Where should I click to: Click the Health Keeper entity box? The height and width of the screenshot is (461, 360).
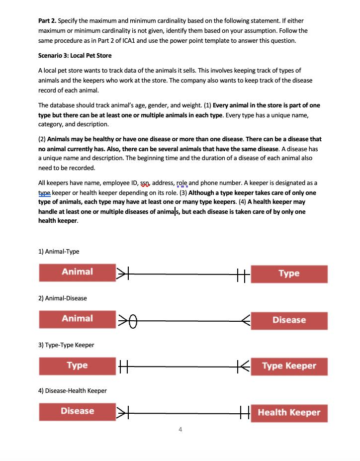tap(289, 412)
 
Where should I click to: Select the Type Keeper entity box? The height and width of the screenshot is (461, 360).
tap(289, 366)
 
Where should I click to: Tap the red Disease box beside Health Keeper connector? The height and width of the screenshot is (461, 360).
tap(77, 411)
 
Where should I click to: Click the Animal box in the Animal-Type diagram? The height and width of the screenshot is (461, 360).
tap(77, 272)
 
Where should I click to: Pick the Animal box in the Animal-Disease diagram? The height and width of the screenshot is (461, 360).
tap(77, 319)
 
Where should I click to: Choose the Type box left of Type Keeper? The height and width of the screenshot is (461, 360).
tap(77, 366)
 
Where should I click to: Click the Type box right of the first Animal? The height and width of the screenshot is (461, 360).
tap(289, 274)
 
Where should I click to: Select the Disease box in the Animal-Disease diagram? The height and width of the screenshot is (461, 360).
tap(289, 320)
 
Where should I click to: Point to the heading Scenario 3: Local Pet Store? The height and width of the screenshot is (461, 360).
tap(75, 56)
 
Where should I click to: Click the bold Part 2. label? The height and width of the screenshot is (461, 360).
tap(47, 21)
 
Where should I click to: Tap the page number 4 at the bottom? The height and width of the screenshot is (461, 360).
tap(180, 429)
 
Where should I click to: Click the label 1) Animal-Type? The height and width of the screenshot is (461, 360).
tap(59, 252)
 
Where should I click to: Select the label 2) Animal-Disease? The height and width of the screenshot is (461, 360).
tap(63, 298)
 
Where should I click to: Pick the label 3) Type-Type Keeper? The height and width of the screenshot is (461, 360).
tap(66, 345)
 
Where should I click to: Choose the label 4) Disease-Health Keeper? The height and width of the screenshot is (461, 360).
tap(73, 391)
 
